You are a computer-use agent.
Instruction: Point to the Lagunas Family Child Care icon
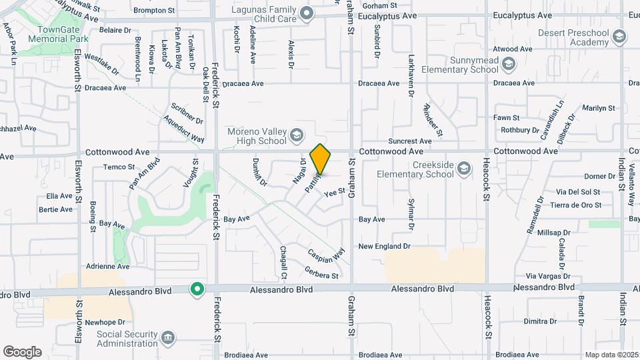tap(307, 13)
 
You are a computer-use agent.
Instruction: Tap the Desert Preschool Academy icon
tap(619, 35)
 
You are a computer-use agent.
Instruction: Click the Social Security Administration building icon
tap(169, 337)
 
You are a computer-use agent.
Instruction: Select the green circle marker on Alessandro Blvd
tap(197, 289)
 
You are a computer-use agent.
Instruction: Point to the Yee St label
tap(333, 192)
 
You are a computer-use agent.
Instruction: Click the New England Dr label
tap(384, 246)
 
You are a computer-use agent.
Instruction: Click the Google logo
tap(22, 351)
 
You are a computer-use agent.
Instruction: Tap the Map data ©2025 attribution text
tap(610, 355)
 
